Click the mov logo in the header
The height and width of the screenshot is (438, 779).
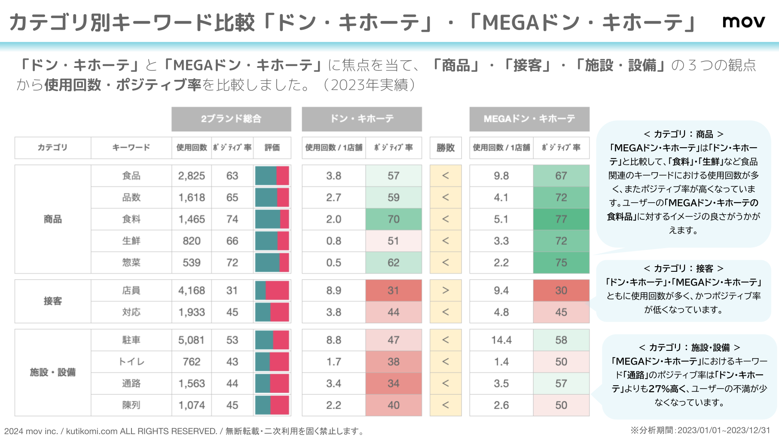coord(743,21)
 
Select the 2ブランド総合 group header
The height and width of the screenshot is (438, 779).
coord(231,119)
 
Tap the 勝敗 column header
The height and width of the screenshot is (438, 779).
coord(446,148)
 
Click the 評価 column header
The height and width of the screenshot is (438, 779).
coord(272,148)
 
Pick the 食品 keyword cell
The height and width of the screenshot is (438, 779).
coord(131,176)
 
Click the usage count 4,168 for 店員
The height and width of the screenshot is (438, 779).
coord(192,291)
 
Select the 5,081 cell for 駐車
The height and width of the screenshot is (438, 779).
coord(192,340)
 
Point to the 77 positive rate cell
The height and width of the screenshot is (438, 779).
coord(561,219)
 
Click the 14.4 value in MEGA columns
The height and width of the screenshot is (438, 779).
coord(501,340)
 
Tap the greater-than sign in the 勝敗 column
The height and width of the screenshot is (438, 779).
coord(446,291)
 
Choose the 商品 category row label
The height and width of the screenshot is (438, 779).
coord(52,219)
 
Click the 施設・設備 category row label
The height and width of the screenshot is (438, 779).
coord(52,372)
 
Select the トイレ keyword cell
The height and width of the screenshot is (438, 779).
coord(131,362)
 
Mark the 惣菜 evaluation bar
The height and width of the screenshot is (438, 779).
coord(272,263)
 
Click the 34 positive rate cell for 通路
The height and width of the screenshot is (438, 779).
coord(394,383)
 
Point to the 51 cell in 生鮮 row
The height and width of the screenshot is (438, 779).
coord(394,241)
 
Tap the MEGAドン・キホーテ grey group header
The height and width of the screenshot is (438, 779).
coord(529,119)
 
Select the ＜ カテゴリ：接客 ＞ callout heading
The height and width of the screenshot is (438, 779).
coord(683,269)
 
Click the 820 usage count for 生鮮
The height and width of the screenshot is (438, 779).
coord(192,241)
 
